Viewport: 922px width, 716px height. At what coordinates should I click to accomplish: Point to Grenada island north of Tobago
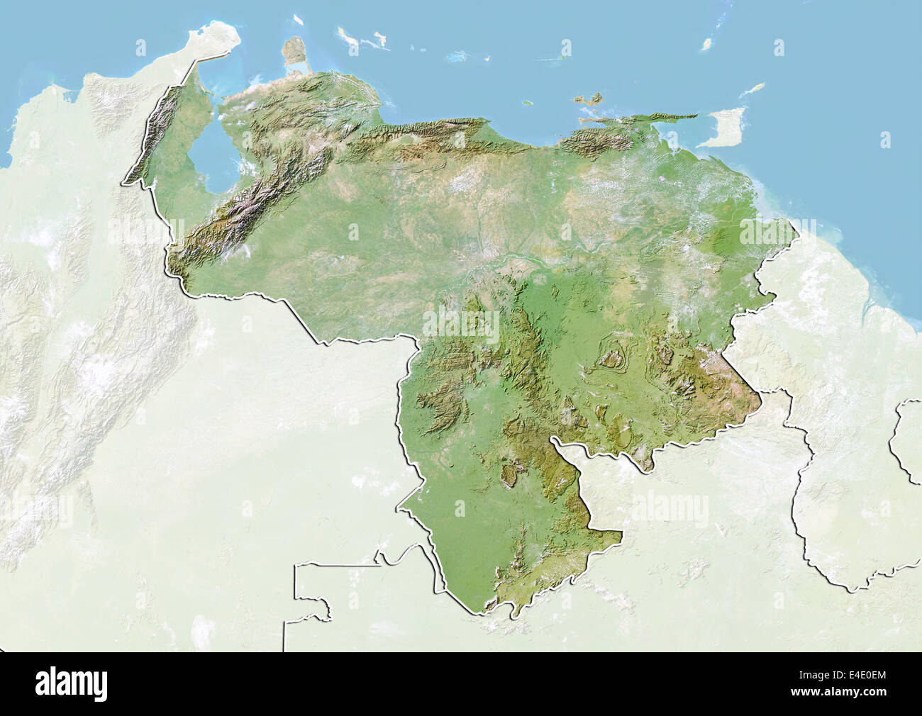706,44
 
